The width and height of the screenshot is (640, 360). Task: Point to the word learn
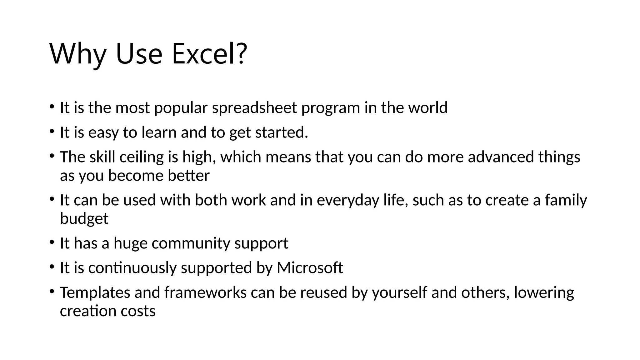159,132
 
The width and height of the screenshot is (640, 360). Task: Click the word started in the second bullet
281,132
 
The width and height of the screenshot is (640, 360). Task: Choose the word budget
84,219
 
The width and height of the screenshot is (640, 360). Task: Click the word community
191,243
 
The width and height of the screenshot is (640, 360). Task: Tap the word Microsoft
310,268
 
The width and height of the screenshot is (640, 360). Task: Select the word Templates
95,293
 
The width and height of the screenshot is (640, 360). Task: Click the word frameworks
205,293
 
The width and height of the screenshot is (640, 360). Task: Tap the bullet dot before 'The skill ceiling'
52,156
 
